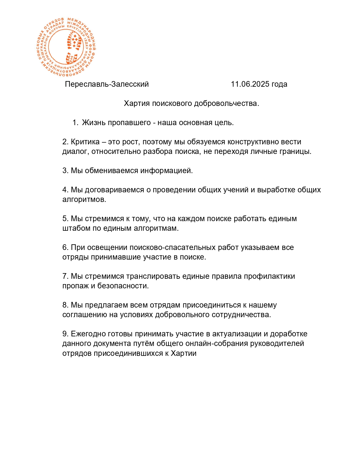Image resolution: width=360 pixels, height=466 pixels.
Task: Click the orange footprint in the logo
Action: pos(73,47)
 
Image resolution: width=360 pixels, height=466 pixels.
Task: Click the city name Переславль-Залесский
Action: pos(107,84)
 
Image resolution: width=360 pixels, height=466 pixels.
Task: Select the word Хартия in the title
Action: pos(137,103)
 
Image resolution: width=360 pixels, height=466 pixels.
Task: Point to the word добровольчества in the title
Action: pos(226,103)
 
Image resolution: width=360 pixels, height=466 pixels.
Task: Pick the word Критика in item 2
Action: pos(85,142)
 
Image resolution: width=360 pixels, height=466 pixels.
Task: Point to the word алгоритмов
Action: pos(84,199)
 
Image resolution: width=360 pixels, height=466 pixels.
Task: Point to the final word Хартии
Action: pos(184,353)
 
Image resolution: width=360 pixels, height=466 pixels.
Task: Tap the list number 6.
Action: pos(65,247)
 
